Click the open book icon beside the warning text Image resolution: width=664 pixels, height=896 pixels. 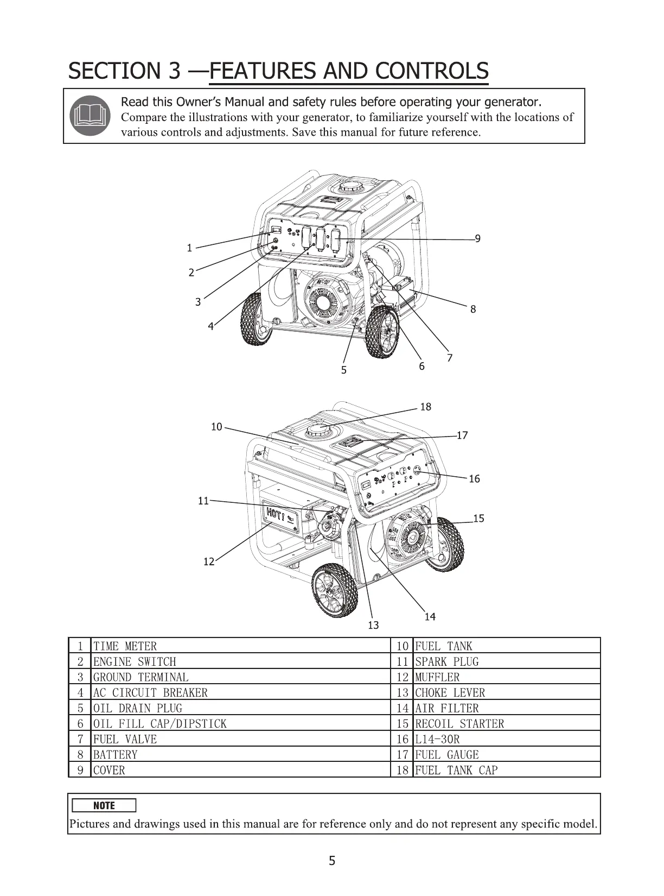(90, 116)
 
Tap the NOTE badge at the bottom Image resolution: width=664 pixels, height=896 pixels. (104, 805)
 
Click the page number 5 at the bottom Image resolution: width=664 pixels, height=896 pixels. (332, 861)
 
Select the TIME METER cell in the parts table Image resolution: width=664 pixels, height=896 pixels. (125, 646)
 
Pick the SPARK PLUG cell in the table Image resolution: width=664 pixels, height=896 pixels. (447, 661)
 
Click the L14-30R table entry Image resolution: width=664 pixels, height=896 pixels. (437, 739)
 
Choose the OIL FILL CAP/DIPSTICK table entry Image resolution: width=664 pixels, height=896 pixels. (160, 724)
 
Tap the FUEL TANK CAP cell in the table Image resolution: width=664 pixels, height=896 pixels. (456, 770)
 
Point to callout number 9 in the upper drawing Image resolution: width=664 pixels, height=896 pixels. (477, 238)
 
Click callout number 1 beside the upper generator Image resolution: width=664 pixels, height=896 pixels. (189, 248)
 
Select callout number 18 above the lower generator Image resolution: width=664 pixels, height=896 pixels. (426, 407)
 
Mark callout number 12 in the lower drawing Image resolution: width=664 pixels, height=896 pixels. (209, 562)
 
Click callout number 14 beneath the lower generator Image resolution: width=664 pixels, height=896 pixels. (430, 617)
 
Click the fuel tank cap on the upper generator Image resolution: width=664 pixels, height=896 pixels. (352, 187)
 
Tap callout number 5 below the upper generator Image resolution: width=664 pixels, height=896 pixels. (343, 370)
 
